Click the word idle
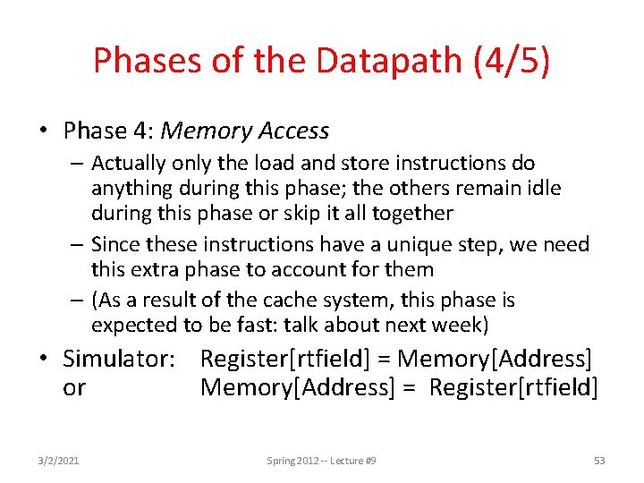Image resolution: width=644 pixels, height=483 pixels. tap(568, 188)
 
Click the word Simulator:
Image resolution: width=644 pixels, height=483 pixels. tap(119, 360)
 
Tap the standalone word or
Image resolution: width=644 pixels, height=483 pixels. tap(74, 387)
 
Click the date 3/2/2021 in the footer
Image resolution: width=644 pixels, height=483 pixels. tap(60, 461)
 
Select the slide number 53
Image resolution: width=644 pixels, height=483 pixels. tap(599, 461)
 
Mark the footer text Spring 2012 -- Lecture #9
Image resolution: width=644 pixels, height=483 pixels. tap(321, 461)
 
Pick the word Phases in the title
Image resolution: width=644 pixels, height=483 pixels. tap(143, 62)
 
